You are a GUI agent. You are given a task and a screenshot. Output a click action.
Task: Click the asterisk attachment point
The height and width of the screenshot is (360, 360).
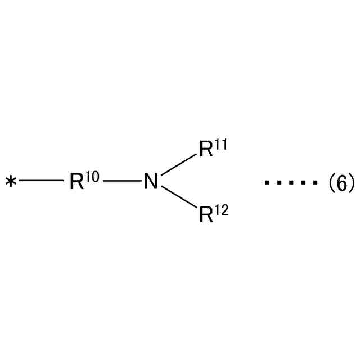coord(11,182)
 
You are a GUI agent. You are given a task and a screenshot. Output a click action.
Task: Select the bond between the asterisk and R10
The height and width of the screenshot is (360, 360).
coord(40,181)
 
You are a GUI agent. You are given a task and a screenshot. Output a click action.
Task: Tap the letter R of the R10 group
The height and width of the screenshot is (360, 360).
coord(76,182)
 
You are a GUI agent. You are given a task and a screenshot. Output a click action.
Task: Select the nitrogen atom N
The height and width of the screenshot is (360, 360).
coord(150,182)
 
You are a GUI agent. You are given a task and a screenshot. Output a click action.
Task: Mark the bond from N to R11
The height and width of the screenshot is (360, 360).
coord(178,165)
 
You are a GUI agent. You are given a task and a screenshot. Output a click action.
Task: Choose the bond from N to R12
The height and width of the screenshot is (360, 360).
coord(178,198)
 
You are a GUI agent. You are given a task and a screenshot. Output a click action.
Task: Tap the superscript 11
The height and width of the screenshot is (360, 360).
coord(220,145)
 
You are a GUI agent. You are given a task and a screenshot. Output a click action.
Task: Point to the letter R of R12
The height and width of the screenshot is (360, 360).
coord(206,215)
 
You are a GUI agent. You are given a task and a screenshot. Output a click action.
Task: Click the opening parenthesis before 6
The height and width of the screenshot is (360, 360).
coord(331,183)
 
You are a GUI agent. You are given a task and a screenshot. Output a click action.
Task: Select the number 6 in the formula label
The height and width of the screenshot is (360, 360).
coord(341,182)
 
